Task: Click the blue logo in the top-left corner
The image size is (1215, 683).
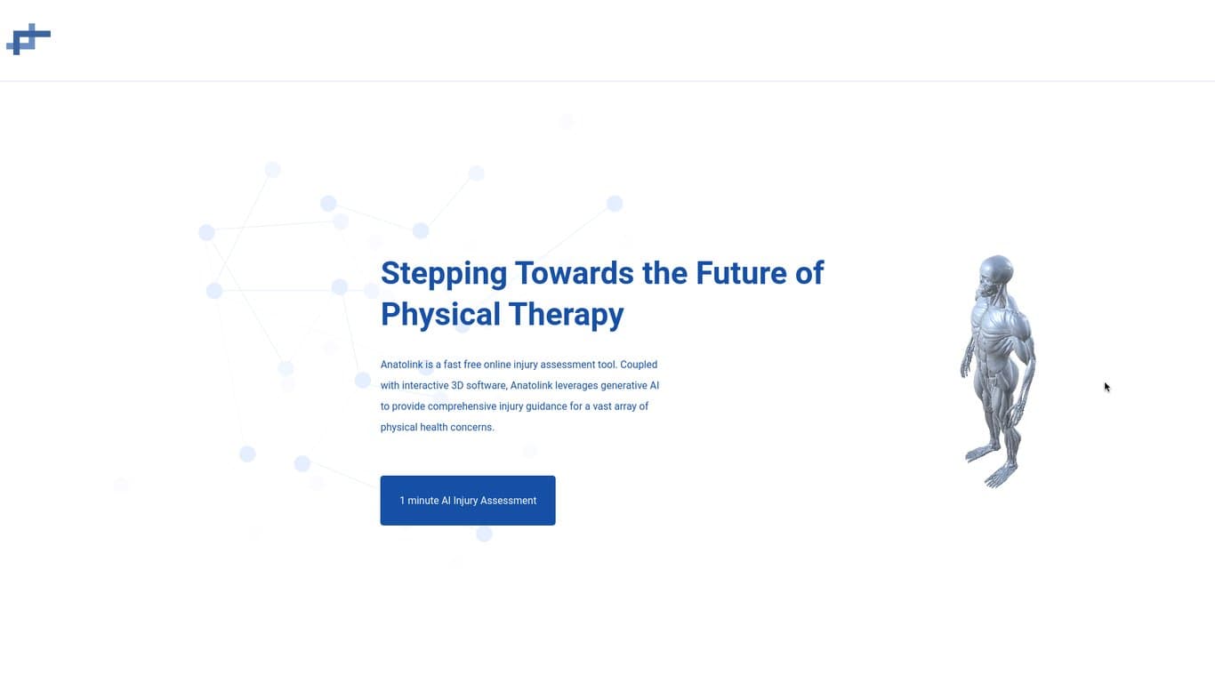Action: (x=28, y=39)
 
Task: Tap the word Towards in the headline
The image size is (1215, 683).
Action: (x=574, y=273)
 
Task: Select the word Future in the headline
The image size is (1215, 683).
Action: (x=741, y=273)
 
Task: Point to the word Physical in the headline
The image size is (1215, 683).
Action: (x=440, y=315)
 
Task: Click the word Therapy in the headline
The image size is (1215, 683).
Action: (x=567, y=315)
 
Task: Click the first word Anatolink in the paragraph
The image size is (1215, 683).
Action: (x=401, y=365)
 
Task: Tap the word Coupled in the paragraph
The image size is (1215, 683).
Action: (x=639, y=366)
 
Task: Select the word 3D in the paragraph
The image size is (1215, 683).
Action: (x=457, y=386)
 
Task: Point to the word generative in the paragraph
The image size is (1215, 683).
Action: (x=624, y=386)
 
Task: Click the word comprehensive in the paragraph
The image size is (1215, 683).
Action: (x=462, y=407)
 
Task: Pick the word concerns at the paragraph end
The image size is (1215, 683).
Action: (x=472, y=428)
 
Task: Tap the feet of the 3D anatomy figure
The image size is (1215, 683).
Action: (x=992, y=467)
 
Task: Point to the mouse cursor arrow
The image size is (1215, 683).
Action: (x=1106, y=387)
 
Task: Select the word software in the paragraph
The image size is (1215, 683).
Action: (x=486, y=386)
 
